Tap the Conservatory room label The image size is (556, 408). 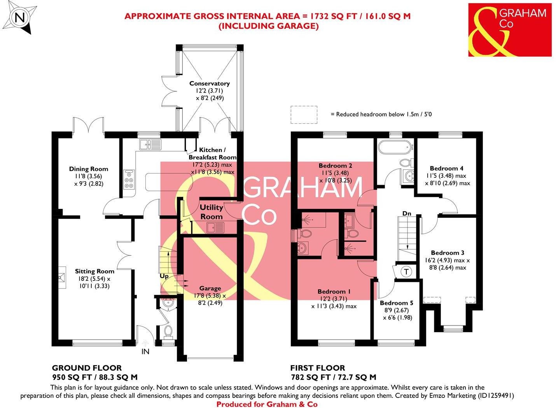point(209,83)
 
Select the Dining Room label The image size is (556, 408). point(89,169)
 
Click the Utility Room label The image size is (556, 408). point(212,212)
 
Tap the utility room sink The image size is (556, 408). point(216,227)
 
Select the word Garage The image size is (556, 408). point(210,288)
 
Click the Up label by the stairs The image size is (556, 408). point(164,276)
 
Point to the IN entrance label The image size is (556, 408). point(145,352)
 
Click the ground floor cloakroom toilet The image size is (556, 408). point(168,331)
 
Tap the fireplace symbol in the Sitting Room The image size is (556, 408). point(61,277)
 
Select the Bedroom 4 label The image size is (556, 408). point(446,168)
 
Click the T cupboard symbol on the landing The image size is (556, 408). point(406,272)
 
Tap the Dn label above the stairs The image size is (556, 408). point(407,214)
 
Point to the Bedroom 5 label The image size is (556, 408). point(396,303)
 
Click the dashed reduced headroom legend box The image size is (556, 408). point(304,114)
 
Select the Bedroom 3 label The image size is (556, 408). point(447,253)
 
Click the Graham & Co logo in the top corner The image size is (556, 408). point(510,30)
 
